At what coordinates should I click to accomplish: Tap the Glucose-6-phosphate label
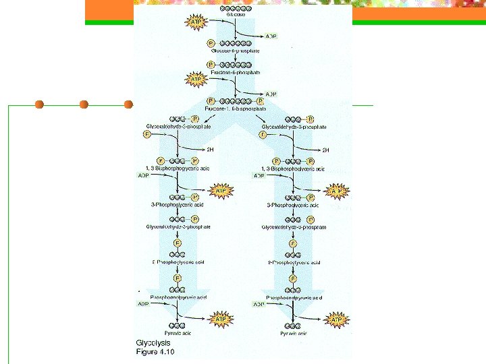tap(235, 51)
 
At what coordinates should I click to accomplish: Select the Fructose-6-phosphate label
tap(236, 71)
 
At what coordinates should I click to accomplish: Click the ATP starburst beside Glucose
tap(196, 23)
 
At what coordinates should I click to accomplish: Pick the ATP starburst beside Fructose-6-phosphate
tap(196, 80)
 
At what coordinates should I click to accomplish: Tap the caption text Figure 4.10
tap(155, 352)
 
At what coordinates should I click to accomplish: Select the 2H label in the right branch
tap(325, 150)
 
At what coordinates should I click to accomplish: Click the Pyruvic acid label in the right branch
tap(294, 333)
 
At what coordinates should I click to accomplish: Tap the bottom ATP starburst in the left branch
tap(220, 318)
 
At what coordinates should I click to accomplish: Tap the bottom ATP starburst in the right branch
tap(336, 318)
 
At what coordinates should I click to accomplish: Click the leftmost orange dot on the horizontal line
tap(39, 104)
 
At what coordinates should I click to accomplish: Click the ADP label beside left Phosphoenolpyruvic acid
tap(144, 304)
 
